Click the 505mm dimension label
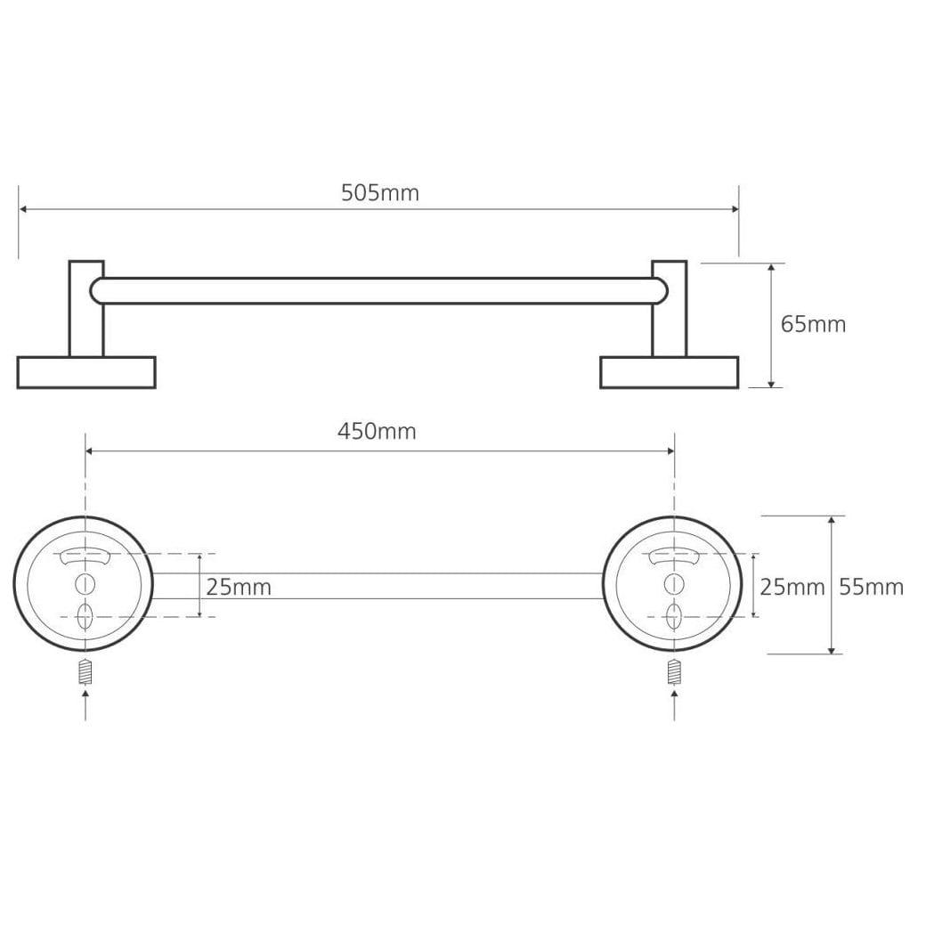click(379, 193)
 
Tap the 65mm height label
click(813, 324)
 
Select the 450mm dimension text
click(377, 432)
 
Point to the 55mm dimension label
click(871, 587)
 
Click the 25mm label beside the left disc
click(239, 587)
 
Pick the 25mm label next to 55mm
click(792, 587)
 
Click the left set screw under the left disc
click(85, 671)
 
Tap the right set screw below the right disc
click(674, 671)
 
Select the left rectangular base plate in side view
click(86, 373)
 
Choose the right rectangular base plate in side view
click(669, 373)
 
